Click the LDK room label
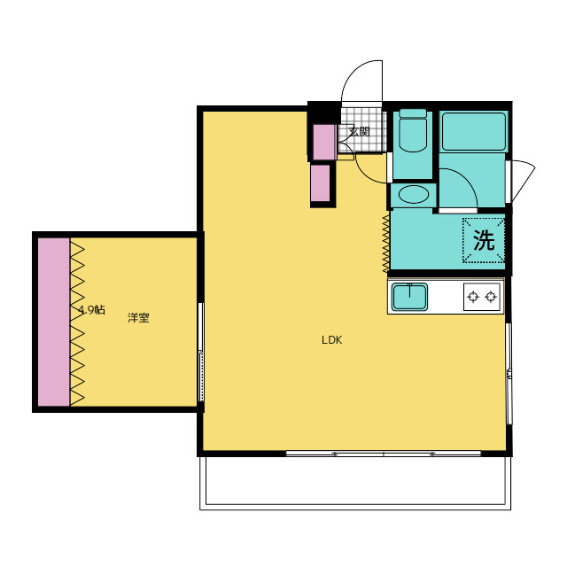[331, 340]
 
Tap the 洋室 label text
[138, 318]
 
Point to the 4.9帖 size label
[92, 310]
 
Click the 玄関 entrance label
[359, 132]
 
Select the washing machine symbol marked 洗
[484, 240]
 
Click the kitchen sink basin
[409, 297]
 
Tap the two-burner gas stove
[482, 297]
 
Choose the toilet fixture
[413, 130]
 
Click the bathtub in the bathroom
[474, 132]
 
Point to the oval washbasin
[414, 195]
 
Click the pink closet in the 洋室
[54, 322]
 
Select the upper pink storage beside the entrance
[324, 142]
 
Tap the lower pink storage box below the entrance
[321, 183]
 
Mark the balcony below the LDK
[355, 483]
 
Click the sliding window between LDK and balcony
[384, 454]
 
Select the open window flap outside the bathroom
[524, 180]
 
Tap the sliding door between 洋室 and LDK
[201, 353]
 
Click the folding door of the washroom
[386, 243]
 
